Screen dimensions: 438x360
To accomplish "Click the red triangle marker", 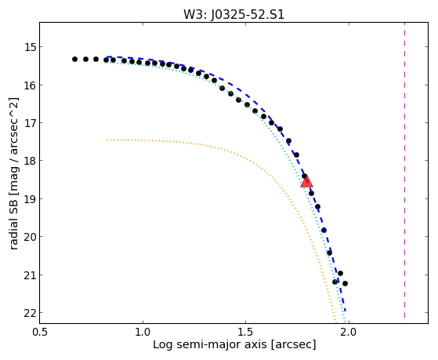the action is tap(306, 181).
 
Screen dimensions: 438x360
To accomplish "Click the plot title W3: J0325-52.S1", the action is tap(233, 15).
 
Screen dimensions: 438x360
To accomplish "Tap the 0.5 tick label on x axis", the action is tap(40, 333).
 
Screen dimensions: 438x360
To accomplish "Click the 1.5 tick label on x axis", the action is tap(245, 333).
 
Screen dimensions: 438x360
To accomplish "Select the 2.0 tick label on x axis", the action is tap(349, 333).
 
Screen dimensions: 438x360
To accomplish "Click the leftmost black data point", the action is tap(74, 59).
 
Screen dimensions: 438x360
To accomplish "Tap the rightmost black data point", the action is tap(345, 283).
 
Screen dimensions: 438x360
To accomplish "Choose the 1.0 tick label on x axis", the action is tap(143, 333).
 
